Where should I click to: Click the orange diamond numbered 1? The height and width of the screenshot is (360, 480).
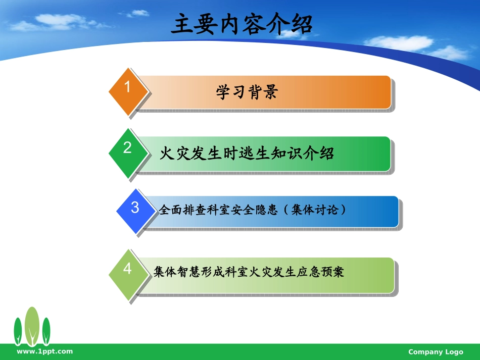[x=128, y=91]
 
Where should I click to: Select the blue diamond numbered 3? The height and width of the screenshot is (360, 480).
[x=135, y=211]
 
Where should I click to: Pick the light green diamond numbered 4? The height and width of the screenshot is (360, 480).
[x=128, y=273]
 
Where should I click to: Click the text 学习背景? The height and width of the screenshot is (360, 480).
[x=247, y=92]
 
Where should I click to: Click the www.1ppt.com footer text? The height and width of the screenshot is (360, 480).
[x=44, y=351]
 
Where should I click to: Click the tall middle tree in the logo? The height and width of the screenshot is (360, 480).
[x=32, y=326]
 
